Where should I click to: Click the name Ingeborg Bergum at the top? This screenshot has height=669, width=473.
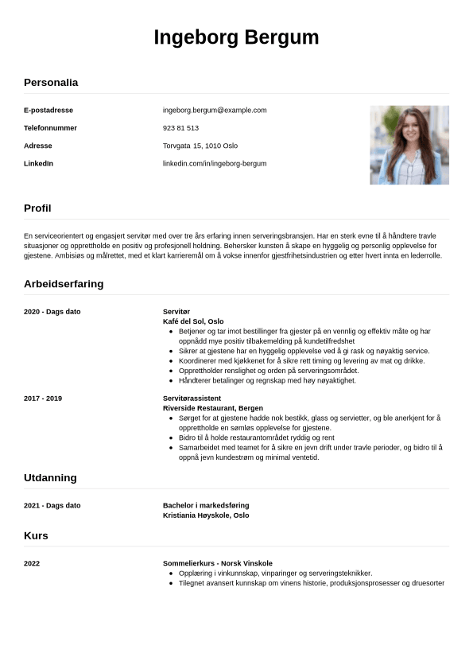click(236, 37)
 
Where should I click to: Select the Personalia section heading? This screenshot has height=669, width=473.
click(51, 82)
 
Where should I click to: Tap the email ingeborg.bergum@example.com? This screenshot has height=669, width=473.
click(215, 110)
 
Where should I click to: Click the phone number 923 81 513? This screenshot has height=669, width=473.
click(180, 128)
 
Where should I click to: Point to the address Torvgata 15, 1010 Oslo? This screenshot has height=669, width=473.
click(200, 146)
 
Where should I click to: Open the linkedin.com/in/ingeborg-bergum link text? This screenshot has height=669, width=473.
click(215, 164)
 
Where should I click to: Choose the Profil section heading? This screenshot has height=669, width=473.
click(37, 208)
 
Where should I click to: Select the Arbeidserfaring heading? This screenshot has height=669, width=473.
click(64, 284)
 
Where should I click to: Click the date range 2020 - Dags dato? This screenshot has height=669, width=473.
click(52, 312)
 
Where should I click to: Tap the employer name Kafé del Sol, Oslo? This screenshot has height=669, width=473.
click(193, 321)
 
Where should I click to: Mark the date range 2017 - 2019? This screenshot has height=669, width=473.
click(43, 399)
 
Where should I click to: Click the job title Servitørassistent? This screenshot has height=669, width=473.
click(192, 399)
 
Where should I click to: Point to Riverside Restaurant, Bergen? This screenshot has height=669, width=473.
click(212, 408)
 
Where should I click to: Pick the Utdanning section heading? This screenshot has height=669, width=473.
click(50, 478)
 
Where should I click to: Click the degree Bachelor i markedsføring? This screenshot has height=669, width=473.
click(206, 506)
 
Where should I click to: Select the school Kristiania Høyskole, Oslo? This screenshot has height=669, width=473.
click(206, 515)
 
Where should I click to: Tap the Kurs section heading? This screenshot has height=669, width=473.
click(36, 536)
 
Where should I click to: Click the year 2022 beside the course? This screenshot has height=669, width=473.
click(32, 564)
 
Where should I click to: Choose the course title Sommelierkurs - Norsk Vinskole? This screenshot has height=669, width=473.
click(218, 564)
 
